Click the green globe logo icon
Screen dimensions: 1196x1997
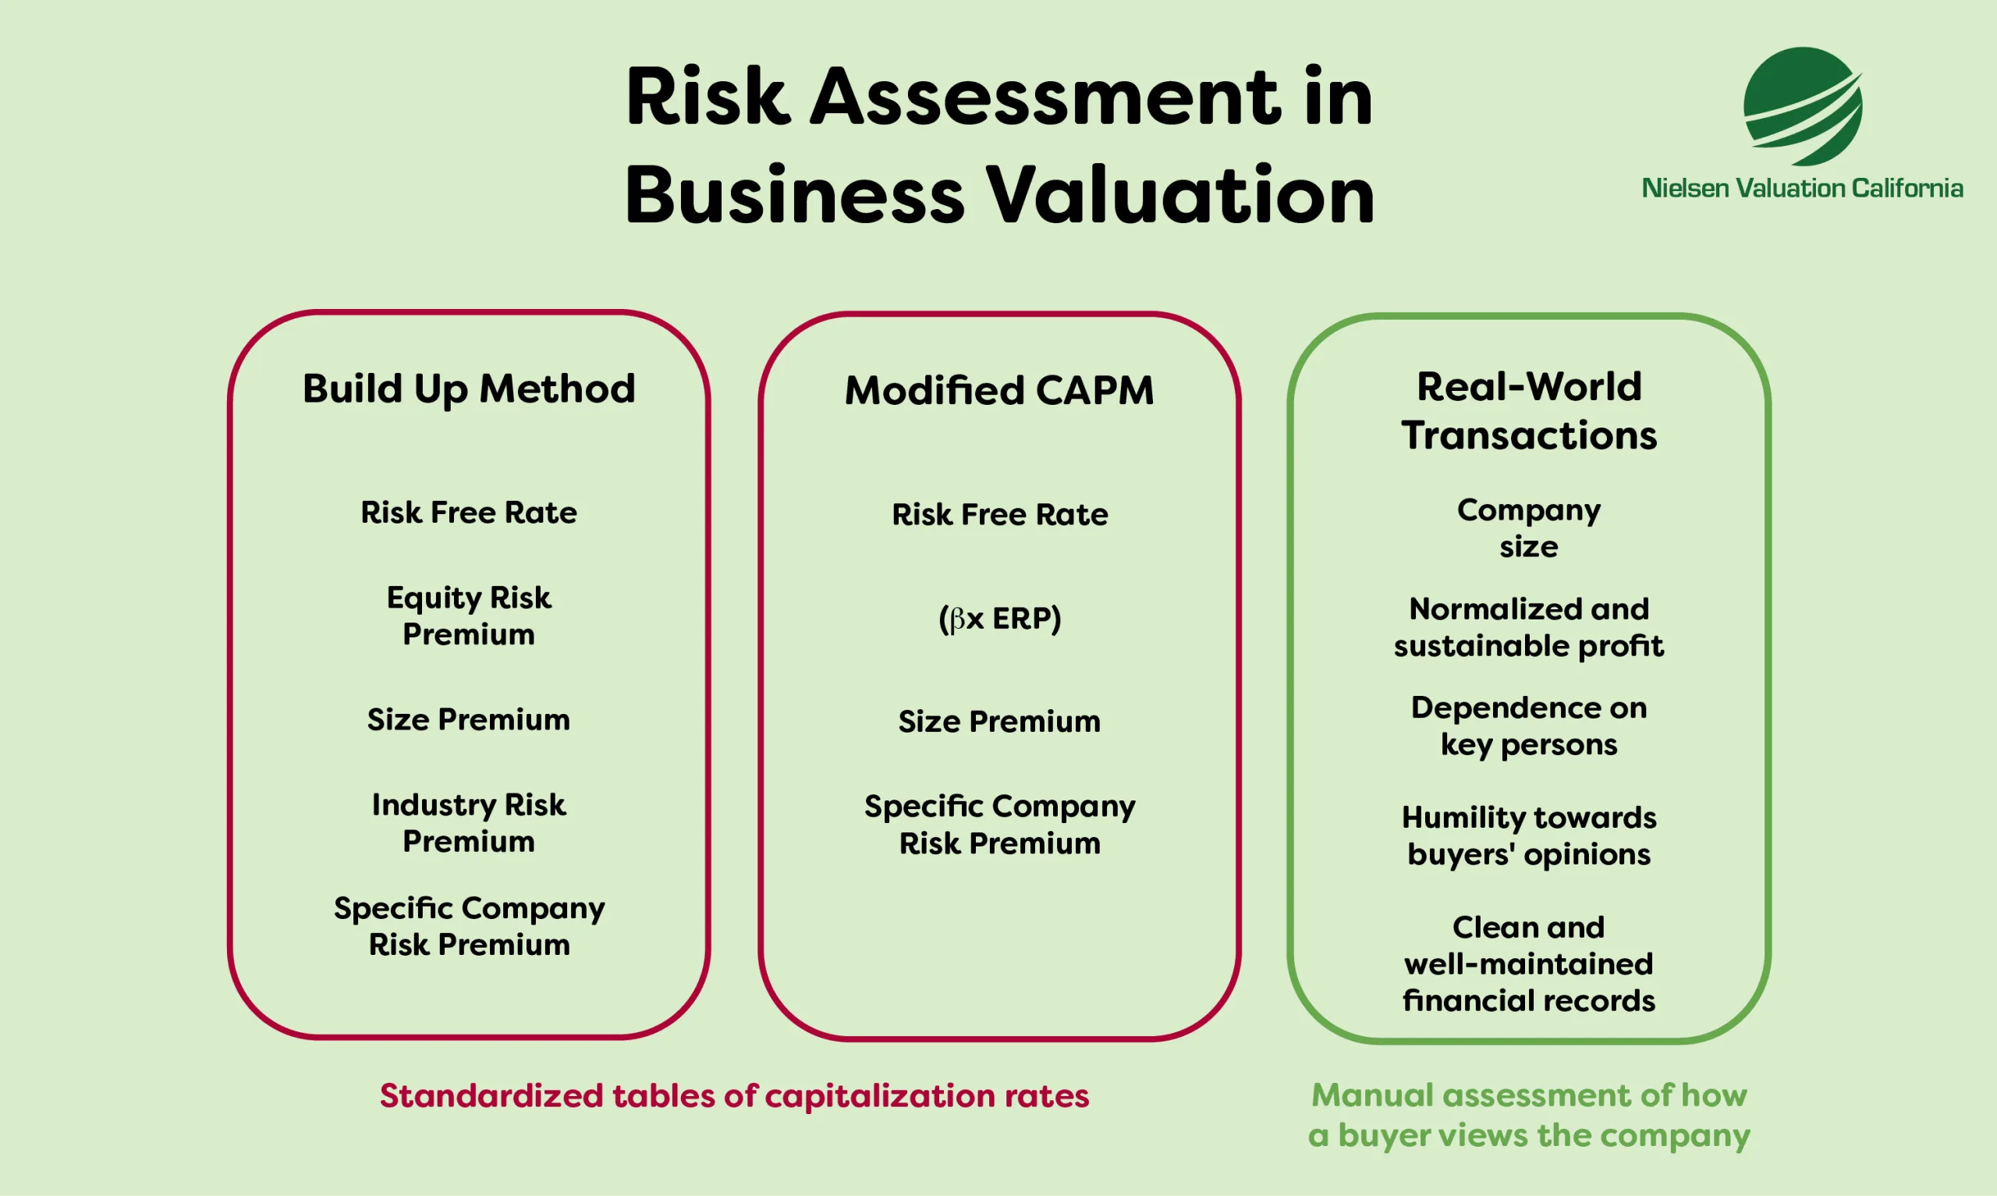1802,105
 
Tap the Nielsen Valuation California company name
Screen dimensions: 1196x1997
1802,189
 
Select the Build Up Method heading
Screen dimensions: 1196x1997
469,389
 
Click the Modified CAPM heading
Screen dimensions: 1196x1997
999,391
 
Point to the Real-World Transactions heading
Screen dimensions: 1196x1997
1528,411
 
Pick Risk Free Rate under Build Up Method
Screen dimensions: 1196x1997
469,513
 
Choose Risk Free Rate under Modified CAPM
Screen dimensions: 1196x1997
999,514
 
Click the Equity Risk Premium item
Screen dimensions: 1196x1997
469,616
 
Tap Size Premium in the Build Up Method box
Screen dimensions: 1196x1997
469,719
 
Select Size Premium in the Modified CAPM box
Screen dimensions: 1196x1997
999,722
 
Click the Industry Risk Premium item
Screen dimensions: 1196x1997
469,823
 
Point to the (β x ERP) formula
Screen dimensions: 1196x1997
999,619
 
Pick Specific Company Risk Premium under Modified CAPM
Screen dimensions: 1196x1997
999,825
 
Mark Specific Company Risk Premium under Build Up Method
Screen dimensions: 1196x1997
469,926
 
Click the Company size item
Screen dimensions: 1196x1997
1528,529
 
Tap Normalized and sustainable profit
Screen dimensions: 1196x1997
1528,627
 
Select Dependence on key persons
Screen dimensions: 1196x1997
1528,726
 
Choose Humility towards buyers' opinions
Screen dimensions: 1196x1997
1528,836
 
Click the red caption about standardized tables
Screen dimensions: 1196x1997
734,1096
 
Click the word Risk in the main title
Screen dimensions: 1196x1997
707,98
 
